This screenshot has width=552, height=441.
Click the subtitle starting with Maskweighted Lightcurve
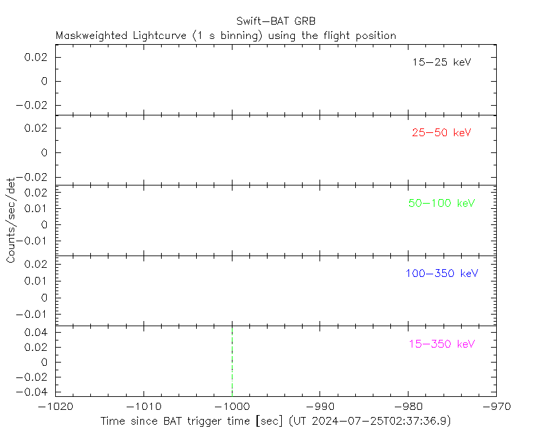226,36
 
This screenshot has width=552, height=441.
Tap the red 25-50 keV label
441,133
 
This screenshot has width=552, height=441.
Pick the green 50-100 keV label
442,203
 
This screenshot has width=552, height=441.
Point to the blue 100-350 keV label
442,273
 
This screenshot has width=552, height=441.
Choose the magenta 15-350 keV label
442,344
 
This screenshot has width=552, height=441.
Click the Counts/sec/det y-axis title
11,220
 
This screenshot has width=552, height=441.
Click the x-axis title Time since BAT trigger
192,421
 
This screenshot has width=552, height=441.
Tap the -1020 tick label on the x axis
55,407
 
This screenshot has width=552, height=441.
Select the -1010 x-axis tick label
144,407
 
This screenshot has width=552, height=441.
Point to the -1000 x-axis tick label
232,407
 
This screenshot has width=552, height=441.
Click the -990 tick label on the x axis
320,407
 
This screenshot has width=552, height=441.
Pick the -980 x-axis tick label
408,407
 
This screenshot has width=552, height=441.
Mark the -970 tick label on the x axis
496,407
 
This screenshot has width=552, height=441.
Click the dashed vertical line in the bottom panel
232,360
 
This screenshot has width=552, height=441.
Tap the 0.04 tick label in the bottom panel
38,332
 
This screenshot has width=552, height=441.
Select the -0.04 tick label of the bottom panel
35,392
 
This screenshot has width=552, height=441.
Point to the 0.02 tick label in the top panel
38,57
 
